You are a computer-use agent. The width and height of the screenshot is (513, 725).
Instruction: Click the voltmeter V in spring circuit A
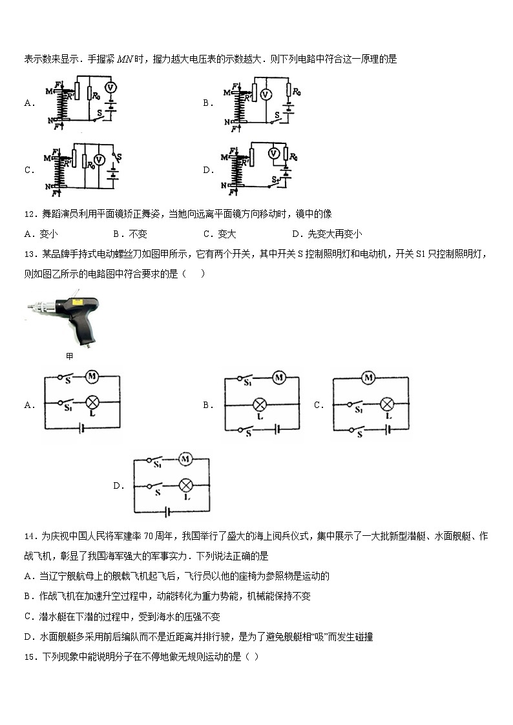(110, 87)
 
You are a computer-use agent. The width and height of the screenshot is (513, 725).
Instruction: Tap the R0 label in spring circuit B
(296, 92)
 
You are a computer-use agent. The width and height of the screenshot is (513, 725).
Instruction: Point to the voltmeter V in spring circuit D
(273, 153)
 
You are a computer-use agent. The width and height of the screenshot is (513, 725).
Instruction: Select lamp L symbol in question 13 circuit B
(260, 405)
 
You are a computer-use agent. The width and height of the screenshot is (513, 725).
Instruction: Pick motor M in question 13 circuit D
(185, 459)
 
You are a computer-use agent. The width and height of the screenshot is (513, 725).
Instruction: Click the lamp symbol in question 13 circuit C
(386, 404)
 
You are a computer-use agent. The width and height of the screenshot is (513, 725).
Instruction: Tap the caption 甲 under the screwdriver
(70, 356)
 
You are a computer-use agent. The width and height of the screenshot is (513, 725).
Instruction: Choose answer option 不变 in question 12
(137, 234)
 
